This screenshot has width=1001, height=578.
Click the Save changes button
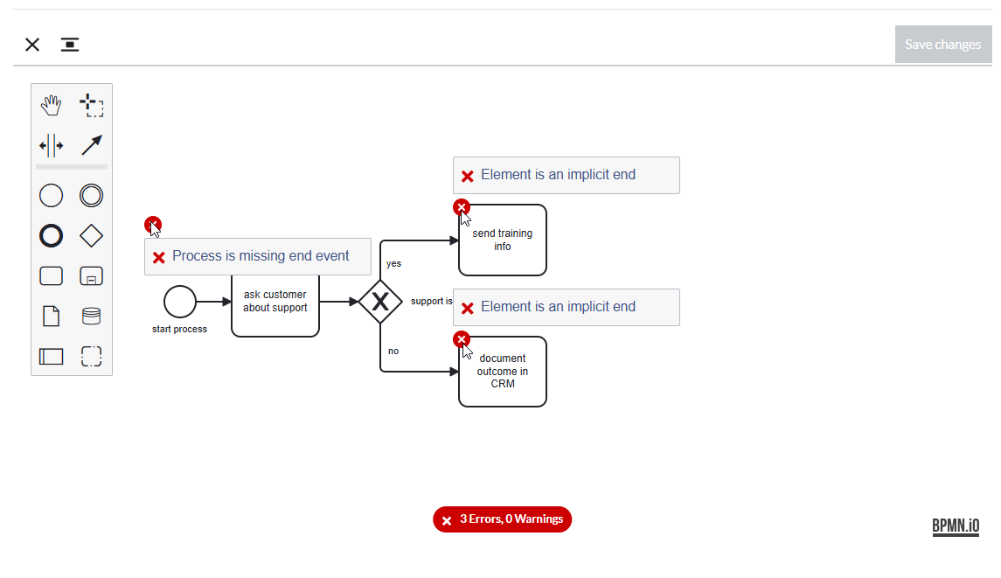943,44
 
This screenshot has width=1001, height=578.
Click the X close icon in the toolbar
32,44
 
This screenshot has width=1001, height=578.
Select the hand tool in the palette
51,106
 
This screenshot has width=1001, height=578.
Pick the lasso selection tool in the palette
91,106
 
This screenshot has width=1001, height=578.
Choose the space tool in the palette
51,146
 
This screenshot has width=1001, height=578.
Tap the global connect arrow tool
91,146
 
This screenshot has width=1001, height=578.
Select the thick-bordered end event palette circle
51,236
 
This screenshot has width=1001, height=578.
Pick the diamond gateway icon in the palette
91,236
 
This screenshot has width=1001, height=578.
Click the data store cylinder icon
91,317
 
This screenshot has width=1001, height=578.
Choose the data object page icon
51,317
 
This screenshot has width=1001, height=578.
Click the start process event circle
180,302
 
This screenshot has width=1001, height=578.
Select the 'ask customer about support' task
275,305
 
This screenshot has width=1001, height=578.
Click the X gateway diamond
380,302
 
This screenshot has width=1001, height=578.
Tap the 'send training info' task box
503,240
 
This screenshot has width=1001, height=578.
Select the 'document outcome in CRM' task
503,371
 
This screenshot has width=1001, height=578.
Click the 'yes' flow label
394,263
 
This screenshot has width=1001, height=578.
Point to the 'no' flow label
393,351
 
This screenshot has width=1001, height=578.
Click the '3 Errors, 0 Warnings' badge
503,519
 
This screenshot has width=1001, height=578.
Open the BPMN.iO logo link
956,526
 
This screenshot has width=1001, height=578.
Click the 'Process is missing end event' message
261,256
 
